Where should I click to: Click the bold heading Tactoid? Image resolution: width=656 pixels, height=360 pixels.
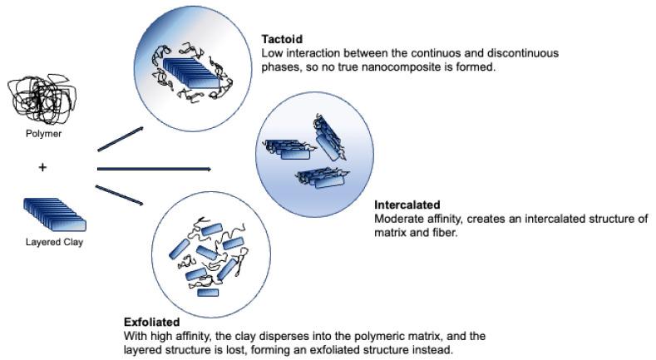(281, 40)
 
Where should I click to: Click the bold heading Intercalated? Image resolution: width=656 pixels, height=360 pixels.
(407, 205)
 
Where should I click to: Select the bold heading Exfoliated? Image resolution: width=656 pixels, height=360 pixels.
(151, 322)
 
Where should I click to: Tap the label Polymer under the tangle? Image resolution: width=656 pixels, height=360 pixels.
(42, 133)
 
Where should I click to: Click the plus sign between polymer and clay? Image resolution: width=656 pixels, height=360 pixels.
(42, 167)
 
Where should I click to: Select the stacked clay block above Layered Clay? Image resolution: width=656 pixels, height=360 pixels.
(55, 214)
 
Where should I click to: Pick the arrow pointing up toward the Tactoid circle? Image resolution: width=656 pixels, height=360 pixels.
(121, 139)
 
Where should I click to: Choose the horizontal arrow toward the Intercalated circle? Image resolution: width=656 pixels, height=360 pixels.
(154, 169)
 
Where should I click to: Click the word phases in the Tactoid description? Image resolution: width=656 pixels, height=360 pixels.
(279, 67)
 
